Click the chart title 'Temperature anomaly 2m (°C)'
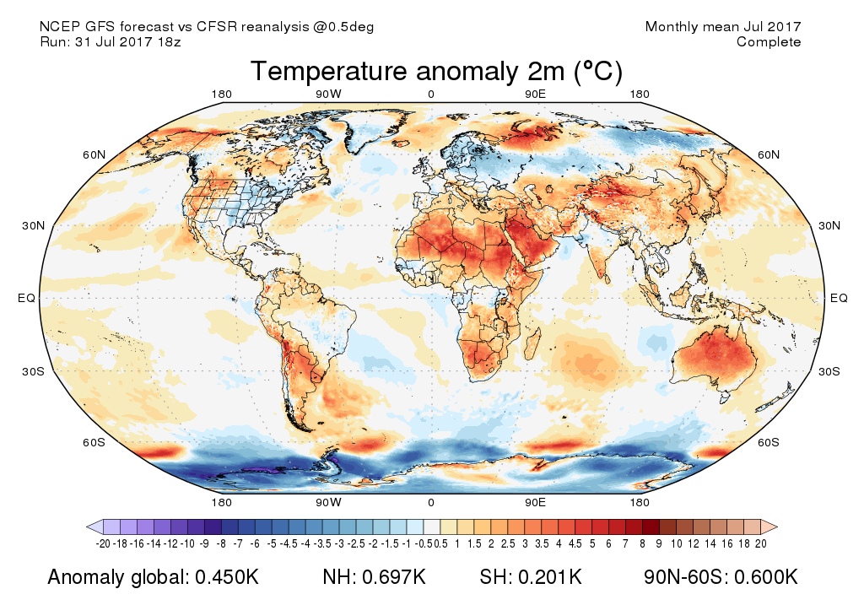[x=435, y=72]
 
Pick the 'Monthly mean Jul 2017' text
[x=723, y=27]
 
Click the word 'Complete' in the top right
[x=769, y=42]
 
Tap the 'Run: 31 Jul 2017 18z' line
[x=110, y=42]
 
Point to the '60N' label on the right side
[x=768, y=154]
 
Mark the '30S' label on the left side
[x=33, y=371]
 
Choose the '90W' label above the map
[x=328, y=95]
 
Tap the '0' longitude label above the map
[x=431, y=95]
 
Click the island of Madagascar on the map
[x=533, y=344]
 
